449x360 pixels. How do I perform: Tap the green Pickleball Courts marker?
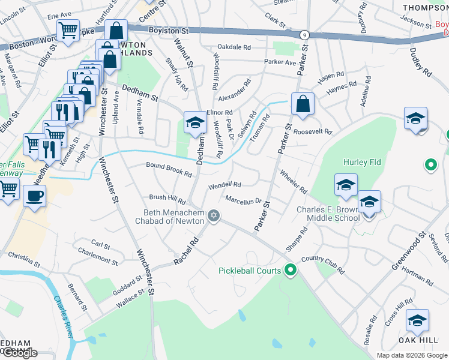[x=291, y=271]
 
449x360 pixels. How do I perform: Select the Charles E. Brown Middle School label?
[x=328, y=214]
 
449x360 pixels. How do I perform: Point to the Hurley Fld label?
[x=360, y=163]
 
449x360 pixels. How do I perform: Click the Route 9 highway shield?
[x=305, y=35]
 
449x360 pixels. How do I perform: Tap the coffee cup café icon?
[x=34, y=196]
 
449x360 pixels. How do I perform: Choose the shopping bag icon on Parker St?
[x=303, y=103]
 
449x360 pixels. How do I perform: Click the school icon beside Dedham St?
[x=194, y=123]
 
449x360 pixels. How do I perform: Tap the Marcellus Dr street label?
[x=244, y=200]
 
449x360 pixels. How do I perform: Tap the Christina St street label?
[x=23, y=259]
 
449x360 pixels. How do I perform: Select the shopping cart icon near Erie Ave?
[x=68, y=29]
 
